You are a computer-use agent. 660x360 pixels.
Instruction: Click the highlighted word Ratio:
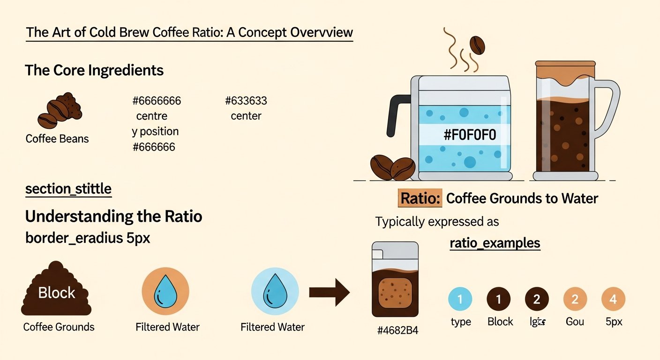(420, 198)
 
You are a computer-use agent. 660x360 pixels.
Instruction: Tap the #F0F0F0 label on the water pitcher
(469, 135)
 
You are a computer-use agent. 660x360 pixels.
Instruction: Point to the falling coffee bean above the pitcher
(477, 45)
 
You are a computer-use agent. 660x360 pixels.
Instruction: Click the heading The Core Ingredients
(94, 70)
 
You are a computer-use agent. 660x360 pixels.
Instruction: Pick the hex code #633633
(246, 101)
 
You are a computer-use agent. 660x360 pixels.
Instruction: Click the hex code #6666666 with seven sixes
(157, 101)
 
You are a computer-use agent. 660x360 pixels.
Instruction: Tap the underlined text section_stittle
(68, 189)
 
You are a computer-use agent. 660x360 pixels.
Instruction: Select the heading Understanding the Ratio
(113, 217)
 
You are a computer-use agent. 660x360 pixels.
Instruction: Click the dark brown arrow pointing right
(330, 293)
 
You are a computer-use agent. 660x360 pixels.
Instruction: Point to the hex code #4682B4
(397, 330)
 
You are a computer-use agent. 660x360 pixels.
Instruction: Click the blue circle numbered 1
(460, 299)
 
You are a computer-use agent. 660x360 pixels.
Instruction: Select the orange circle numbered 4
(613, 299)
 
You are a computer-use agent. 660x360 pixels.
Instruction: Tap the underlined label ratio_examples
(495, 244)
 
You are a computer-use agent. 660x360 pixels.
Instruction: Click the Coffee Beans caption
(57, 139)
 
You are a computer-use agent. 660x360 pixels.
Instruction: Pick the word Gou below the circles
(574, 322)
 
